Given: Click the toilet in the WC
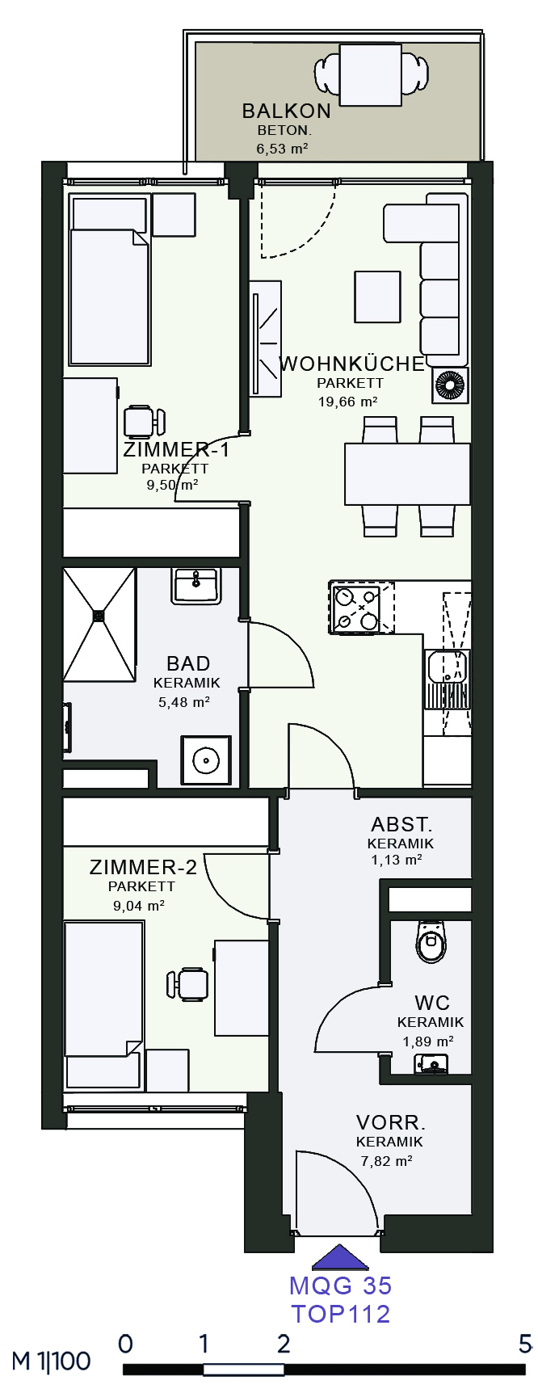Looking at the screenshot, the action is pyautogui.click(x=431, y=941).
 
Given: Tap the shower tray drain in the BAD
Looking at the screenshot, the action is pyautogui.click(x=99, y=616).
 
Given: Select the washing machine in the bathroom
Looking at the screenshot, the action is pyautogui.click(x=206, y=760).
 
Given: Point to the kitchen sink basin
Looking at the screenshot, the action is pyautogui.click(x=448, y=669).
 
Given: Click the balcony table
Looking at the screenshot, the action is pyautogui.click(x=370, y=75).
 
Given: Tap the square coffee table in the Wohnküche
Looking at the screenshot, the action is pyautogui.click(x=377, y=297).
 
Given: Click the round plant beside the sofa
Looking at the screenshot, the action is pyautogui.click(x=451, y=385).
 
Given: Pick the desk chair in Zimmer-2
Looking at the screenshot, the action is pyautogui.click(x=187, y=984).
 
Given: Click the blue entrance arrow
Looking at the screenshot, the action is pyautogui.click(x=340, y=1257).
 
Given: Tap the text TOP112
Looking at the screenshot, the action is pyautogui.click(x=340, y=1313).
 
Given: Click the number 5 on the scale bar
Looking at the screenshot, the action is pyautogui.click(x=526, y=1344).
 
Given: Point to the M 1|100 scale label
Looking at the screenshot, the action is pyautogui.click(x=51, y=1361).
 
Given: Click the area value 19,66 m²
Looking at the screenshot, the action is pyautogui.click(x=347, y=402).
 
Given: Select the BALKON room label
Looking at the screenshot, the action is pyautogui.click(x=286, y=111).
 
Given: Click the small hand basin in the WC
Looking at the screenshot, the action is pyautogui.click(x=432, y=1063).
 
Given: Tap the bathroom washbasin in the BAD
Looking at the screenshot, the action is pyautogui.click(x=195, y=585).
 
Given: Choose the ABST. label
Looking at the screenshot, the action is pyautogui.click(x=401, y=825).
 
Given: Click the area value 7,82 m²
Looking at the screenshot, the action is pyautogui.click(x=386, y=1161).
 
